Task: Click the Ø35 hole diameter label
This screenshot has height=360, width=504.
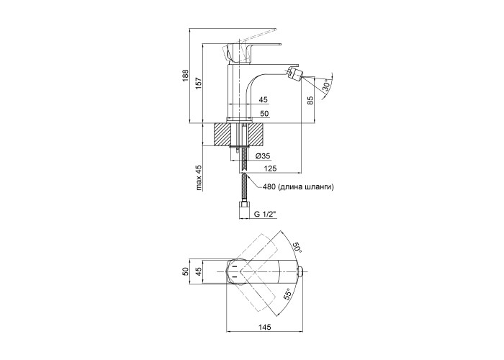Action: coord(262,156)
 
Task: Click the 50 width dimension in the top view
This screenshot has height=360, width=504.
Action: coord(184,271)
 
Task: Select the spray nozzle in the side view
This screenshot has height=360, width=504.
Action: coord(294,72)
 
